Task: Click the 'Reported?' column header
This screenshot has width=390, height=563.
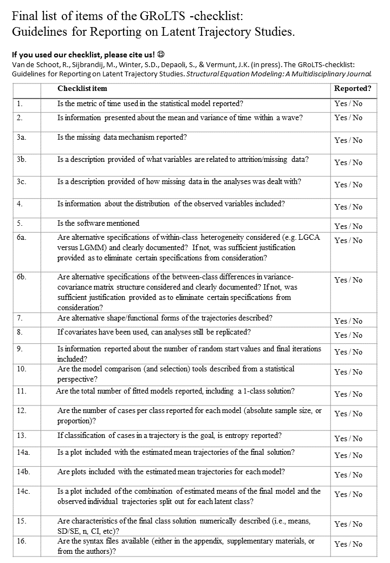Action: click(353, 88)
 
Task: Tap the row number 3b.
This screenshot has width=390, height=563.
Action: click(22, 159)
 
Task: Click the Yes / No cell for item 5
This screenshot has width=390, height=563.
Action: click(348, 226)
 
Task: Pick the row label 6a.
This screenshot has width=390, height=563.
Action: click(22, 237)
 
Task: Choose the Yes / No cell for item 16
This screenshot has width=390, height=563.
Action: click(348, 544)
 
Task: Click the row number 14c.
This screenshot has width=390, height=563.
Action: click(23, 491)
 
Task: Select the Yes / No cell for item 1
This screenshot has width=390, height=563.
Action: click(348, 102)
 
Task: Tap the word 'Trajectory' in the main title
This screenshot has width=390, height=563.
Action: click(228, 32)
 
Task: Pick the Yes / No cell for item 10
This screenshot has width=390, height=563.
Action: click(348, 372)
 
